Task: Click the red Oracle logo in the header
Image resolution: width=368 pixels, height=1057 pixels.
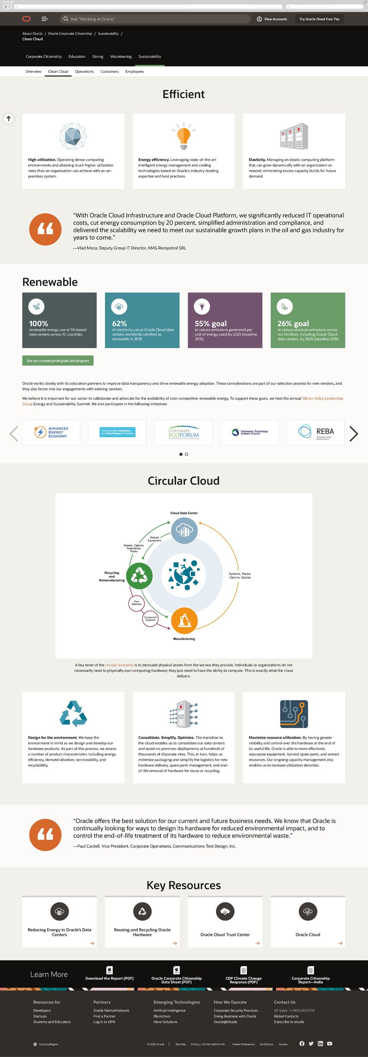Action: point(26,19)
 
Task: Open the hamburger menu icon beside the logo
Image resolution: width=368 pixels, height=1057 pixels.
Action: point(45,19)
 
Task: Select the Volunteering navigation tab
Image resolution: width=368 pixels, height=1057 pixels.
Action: point(121,57)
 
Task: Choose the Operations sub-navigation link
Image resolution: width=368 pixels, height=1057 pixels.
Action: point(84,71)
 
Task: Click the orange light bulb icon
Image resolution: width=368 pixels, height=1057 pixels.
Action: point(184,136)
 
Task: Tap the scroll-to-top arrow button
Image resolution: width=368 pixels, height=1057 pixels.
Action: point(8,119)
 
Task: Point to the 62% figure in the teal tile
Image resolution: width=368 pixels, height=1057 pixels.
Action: point(120,323)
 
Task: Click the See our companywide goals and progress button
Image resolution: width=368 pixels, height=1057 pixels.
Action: point(58,361)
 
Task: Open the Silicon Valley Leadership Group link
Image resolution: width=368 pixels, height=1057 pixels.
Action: point(322,398)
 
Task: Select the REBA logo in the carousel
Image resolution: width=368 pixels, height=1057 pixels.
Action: point(316,432)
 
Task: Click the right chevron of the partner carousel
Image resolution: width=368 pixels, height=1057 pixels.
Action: point(353,434)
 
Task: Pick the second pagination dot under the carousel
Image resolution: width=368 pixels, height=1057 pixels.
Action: point(186,454)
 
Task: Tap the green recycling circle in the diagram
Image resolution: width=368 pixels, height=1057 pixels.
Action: point(139,576)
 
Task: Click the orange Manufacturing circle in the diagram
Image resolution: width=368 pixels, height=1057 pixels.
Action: point(184,620)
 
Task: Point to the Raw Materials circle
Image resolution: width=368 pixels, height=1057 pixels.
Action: point(136,603)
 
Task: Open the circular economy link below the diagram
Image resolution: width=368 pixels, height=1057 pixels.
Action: point(119,665)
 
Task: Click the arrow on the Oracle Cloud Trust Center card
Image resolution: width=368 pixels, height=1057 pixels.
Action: point(258,943)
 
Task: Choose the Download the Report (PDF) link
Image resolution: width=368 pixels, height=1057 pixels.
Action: point(109,978)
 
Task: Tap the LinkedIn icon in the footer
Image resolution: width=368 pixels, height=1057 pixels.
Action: point(320,1044)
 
